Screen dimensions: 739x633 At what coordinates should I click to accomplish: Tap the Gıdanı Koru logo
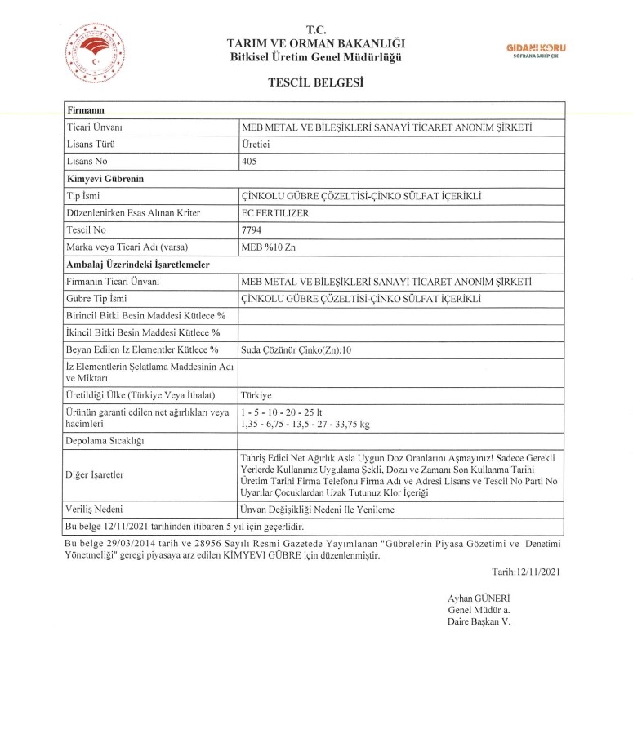click(x=536, y=51)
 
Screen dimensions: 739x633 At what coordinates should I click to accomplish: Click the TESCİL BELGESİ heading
click(x=315, y=82)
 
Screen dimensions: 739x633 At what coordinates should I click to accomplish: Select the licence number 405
click(x=249, y=162)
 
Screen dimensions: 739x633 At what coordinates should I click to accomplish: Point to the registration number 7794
click(x=252, y=230)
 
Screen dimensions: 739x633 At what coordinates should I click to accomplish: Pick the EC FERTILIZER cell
click(x=275, y=213)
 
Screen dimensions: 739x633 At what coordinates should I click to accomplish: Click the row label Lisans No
click(x=86, y=162)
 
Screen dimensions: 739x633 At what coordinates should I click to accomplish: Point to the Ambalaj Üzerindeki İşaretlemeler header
click(x=137, y=265)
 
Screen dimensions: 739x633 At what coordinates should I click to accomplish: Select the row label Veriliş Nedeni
click(x=96, y=510)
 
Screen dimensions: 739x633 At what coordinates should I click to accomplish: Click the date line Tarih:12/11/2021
click(x=526, y=571)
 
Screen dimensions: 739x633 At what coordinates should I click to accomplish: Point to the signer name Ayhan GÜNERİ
click(x=479, y=599)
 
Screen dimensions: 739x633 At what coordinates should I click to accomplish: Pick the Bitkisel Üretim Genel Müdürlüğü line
click(x=316, y=56)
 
